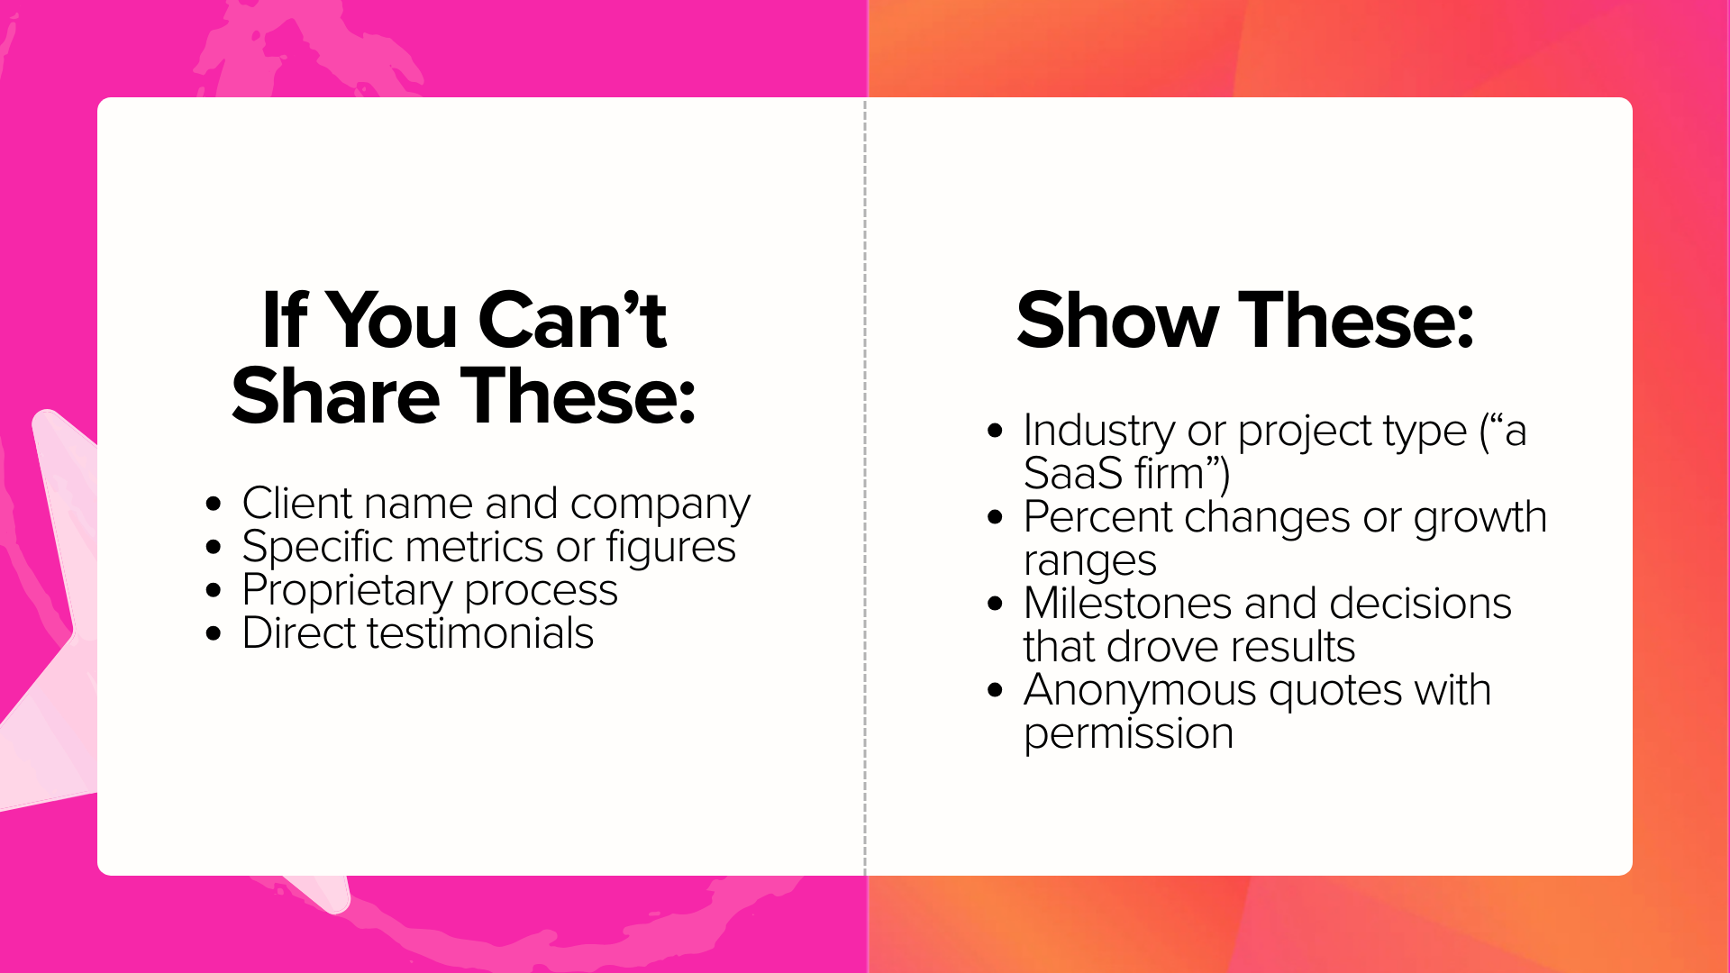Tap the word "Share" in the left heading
pos(335,396)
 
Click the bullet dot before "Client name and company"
pos(214,504)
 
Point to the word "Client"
pos(297,503)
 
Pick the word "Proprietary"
pos(347,591)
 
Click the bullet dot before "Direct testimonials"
pos(214,633)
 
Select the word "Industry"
pos(1099,432)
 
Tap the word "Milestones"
pos(1127,604)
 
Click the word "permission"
pos(1128,734)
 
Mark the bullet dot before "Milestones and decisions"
pos(995,604)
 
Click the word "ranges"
pos(1089,562)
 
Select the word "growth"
pos(1480,518)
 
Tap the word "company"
pos(660,505)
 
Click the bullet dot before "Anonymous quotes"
pos(995,691)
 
